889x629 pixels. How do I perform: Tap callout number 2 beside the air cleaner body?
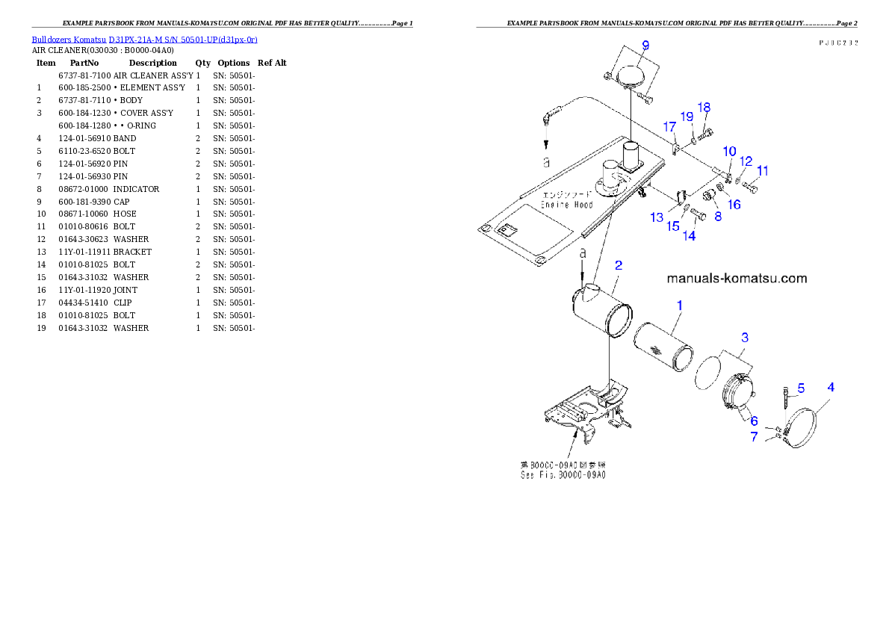618,265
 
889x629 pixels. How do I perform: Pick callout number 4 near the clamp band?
830,387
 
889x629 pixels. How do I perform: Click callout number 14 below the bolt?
688,235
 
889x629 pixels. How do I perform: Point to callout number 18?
704,108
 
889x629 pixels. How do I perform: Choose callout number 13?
656,217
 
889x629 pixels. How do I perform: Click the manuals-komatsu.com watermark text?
736,279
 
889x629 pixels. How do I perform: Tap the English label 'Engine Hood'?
567,205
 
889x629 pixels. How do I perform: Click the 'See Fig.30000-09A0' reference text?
563,474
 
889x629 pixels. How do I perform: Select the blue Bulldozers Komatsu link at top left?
144,40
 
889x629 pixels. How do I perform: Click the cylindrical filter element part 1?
662,347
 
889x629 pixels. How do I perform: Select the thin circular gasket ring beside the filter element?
708,373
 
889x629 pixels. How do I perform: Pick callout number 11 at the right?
762,171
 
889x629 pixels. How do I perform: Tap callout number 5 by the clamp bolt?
800,388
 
